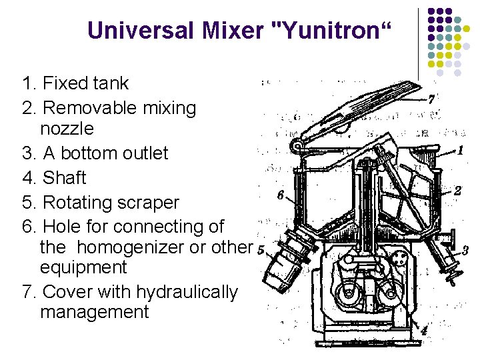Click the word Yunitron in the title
331,30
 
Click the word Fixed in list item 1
61,83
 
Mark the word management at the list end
95,312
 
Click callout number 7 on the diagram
431,99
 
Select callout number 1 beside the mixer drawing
459,151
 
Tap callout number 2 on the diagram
457,190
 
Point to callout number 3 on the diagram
465,251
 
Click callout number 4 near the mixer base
424,330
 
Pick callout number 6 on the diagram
281,195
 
